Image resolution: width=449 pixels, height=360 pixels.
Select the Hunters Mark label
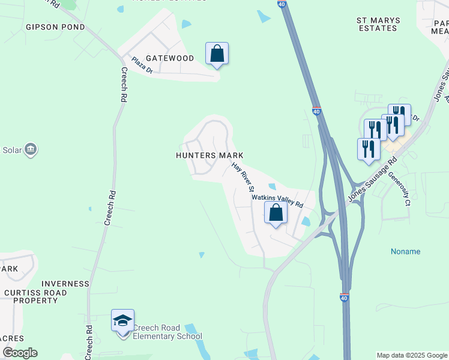coord(209,155)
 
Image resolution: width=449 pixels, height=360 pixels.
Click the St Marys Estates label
coord(378,25)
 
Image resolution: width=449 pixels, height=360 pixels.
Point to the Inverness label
coord(65,284)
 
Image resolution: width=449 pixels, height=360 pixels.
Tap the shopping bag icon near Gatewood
coord(217,54)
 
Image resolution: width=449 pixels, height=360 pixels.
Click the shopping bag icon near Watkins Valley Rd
coord(276,213)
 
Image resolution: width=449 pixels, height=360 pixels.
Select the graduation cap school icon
coord(122,321)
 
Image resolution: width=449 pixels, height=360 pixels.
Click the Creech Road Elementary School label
coord(167,332)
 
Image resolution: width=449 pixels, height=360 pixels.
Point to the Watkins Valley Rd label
coord(277,200)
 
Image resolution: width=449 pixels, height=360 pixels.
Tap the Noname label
coord(406,251)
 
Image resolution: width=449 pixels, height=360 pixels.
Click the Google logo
coord(20,353)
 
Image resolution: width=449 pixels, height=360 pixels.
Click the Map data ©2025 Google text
coord(411,355)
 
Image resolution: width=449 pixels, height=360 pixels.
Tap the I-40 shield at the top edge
coord(282,4)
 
